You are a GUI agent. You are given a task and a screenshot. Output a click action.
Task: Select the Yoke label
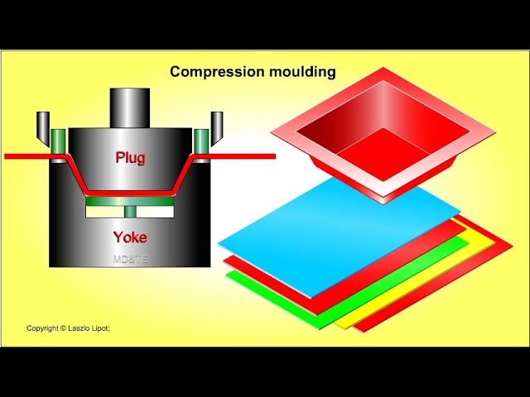point(130,237)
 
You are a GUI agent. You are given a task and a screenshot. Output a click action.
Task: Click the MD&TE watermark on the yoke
point(130,259)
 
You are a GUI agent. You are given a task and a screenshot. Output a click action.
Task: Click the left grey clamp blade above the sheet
point(42,123)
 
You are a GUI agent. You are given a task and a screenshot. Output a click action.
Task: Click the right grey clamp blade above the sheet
point(217,123)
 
